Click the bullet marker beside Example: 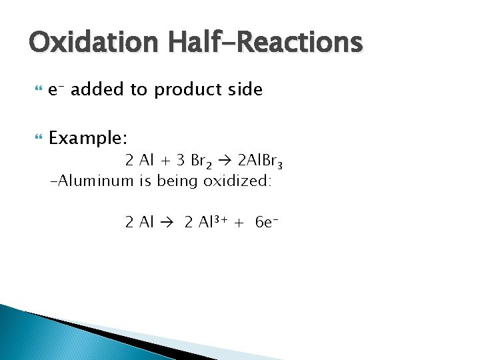[36, 138]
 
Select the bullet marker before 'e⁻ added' [36, 89]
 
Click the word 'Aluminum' [95, 181]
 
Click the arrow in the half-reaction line [166, 223]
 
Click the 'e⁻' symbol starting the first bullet [57, 89]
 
